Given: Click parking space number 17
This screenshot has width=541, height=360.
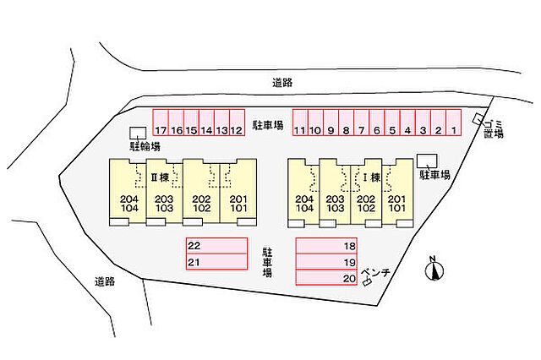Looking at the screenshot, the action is [161, 123].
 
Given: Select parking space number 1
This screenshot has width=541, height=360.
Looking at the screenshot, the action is [454, 123].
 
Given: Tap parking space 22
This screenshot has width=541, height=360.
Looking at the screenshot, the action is [216, 246].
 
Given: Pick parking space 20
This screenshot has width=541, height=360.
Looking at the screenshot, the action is [326, 277].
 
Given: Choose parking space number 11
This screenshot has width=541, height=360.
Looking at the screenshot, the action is [300, 123].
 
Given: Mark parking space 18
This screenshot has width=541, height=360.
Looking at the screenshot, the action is [326, 246].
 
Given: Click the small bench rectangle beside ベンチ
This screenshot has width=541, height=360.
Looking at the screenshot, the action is [367, 282].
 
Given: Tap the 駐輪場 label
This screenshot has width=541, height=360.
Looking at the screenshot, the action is [145, 146].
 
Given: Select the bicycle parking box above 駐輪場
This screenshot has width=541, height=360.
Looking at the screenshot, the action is [138, 133].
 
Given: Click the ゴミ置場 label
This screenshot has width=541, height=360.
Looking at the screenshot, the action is [494, 129].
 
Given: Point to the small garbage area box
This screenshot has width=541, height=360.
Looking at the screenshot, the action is [478, 119].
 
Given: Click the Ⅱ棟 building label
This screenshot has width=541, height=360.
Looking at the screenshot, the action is [160, 177].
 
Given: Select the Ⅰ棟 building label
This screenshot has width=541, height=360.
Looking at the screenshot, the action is [371, 177].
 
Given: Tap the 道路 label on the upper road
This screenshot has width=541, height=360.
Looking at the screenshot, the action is [282, 83].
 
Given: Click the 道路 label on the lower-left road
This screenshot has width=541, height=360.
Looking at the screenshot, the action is [105, 281].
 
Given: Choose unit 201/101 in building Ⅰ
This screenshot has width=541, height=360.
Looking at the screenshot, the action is [397, 193].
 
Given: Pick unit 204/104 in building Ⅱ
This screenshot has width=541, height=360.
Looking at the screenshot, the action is [128, 193].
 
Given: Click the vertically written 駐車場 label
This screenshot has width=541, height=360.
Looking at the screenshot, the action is [267, 262].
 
